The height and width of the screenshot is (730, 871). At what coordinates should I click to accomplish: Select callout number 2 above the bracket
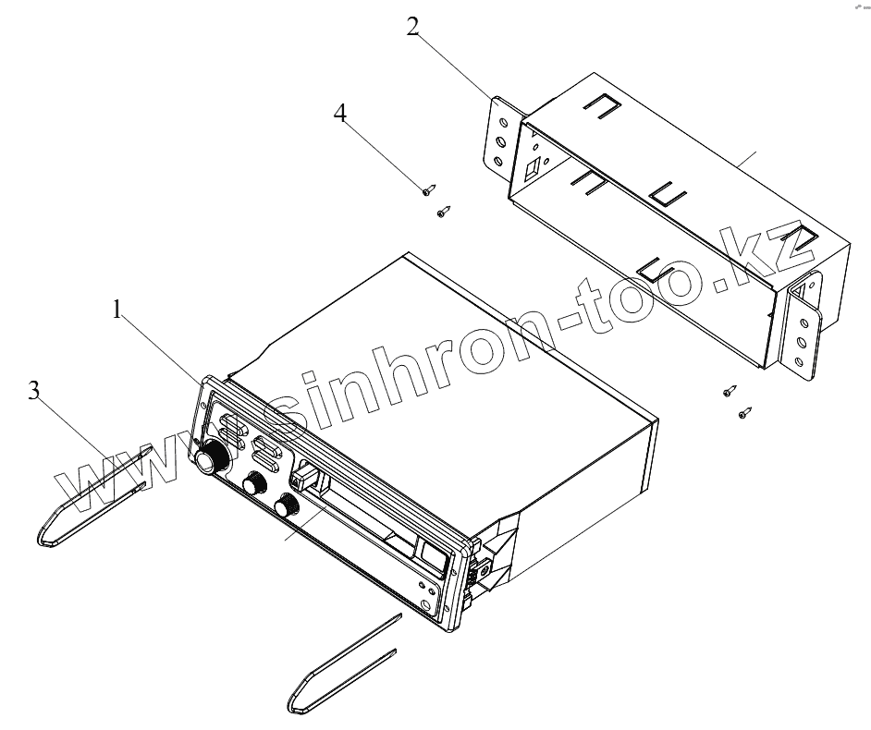click(413, 26)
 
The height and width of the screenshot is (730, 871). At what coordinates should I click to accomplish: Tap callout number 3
click(34, 391)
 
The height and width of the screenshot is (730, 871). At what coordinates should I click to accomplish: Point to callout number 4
click(341, 114)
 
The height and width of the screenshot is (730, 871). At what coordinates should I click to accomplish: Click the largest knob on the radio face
click(212, 456)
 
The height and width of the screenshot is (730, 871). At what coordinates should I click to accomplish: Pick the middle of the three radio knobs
click(253, 484)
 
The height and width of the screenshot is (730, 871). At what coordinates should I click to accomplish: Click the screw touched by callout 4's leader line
click(427, 190)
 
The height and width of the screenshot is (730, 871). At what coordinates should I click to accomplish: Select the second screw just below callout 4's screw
click(443, 213)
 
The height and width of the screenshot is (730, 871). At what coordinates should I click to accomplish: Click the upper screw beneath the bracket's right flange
click(730, 391)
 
